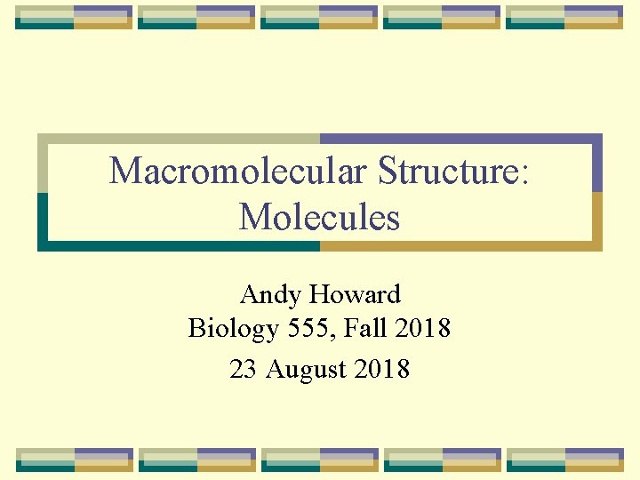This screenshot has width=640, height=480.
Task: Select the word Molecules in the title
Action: [x=319, y=217]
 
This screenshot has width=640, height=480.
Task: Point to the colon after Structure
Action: [x=526, y=173]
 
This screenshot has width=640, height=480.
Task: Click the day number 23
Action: [x=243, y=369]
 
